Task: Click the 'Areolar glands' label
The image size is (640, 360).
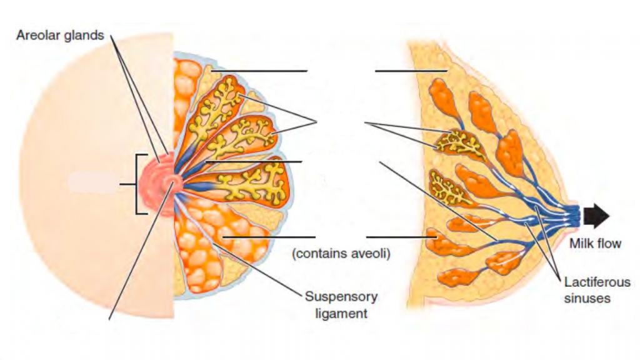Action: point(60,35)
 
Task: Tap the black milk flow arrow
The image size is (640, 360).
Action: point(597,216)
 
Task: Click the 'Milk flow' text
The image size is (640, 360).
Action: point(595,244)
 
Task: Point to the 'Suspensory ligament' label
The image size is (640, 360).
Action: point(341,304)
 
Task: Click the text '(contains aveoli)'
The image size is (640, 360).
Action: point(341,255)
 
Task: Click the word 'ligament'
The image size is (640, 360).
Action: point(341,312)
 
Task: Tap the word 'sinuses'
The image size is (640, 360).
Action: point(587,298)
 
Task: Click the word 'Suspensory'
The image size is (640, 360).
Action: point(341,296)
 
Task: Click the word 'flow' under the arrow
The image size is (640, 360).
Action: point(608,244)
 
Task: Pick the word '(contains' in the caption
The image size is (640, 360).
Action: point(320,255)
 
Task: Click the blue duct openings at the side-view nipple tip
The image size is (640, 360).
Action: point(575,216)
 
